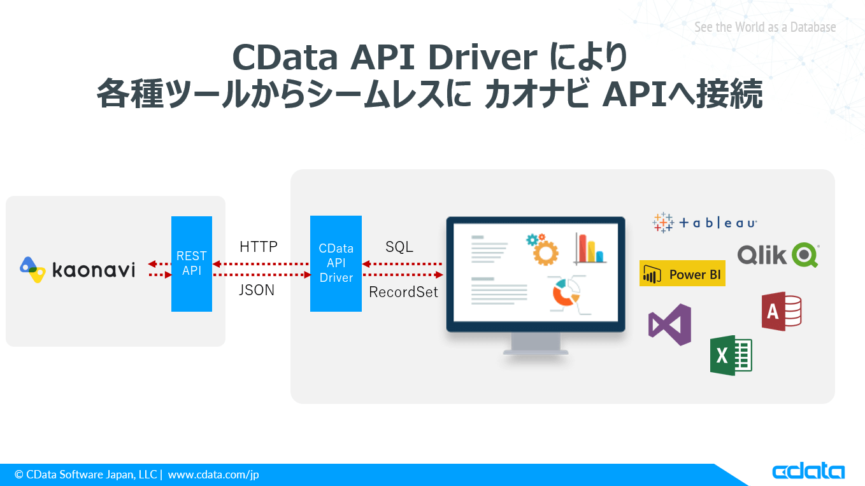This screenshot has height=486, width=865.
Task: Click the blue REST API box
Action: tap(191, 263)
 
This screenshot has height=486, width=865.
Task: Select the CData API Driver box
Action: tap(336, 263)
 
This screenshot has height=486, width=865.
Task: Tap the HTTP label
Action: tap(258, 247)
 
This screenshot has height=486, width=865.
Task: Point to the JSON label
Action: tap(257, 291)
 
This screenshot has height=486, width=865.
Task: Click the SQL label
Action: tap(399, 247)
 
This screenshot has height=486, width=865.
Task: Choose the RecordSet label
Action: tap(404, 293)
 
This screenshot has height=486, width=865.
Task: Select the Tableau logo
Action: tap(704, 223)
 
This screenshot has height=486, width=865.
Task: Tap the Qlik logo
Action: tap(778, 255)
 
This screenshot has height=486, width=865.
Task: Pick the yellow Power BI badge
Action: tap(682, 274)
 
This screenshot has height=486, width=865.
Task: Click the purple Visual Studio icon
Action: tap(669, 324)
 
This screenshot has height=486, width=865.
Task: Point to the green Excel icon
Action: tap(731, 355)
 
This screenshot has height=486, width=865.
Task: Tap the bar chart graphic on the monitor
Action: tap(589, 248)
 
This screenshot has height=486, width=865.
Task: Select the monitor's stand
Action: tap(536, 344)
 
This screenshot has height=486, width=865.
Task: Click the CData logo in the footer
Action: tap(808, 471)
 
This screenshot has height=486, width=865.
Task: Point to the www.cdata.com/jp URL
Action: tap(213, 475)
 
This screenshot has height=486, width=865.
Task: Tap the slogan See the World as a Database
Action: tap(764, 27)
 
